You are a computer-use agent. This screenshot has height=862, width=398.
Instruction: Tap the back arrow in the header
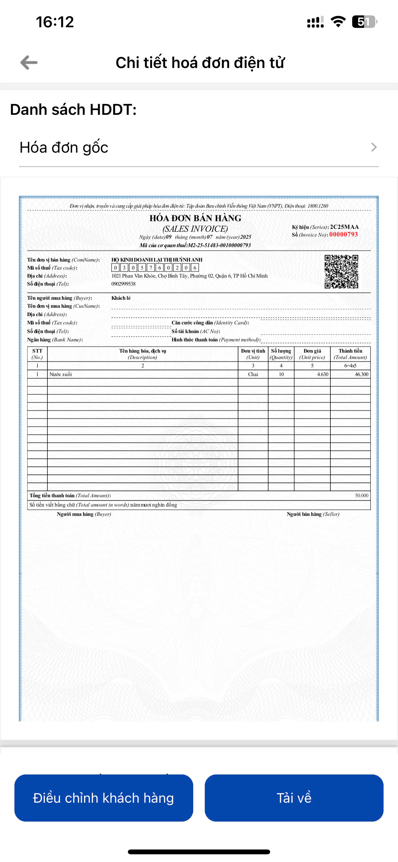29,63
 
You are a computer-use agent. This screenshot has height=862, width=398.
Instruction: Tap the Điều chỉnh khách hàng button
104,798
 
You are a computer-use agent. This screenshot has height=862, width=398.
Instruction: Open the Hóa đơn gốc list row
199,147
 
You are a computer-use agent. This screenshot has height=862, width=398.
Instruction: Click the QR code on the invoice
341,271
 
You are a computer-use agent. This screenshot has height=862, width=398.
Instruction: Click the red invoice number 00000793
344,234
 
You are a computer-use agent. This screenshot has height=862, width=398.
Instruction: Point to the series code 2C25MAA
344,227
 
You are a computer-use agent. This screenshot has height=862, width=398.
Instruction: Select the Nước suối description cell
61,374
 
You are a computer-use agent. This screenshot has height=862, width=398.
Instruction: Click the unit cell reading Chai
253,374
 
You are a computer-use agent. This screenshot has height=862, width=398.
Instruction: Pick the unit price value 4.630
322,374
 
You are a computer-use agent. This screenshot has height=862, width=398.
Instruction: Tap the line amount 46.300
361,374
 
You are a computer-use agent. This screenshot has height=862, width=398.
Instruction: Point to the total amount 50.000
361,495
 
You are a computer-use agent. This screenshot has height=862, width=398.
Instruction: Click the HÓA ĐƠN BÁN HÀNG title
195,218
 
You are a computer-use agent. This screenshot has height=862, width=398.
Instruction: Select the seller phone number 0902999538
123,284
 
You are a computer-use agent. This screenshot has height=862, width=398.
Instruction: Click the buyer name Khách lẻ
121,298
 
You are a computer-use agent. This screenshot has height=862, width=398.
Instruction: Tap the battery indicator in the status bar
364,22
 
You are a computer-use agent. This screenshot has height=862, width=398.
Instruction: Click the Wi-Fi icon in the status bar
338,22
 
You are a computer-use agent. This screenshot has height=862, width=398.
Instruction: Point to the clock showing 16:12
55,22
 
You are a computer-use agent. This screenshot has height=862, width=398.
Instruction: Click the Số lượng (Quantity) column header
281,354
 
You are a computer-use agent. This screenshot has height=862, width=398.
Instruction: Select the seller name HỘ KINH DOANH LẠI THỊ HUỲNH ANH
157,260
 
